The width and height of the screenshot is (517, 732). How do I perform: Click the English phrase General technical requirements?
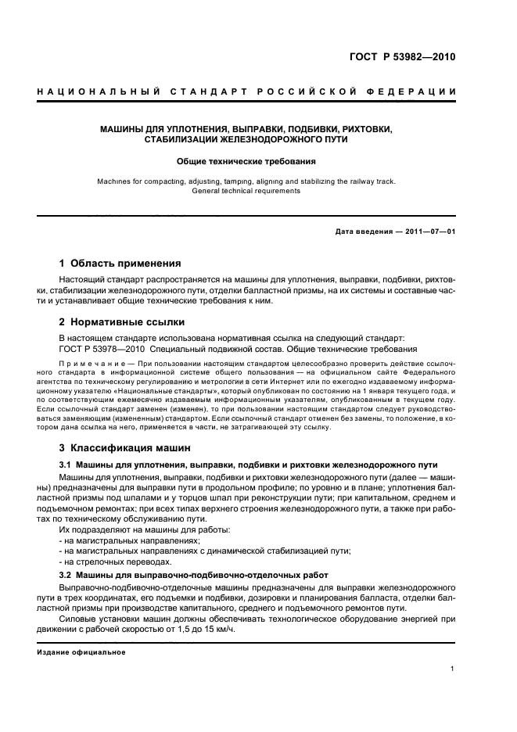coord(246,190)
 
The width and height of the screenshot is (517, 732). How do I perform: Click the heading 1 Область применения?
coord(120,264)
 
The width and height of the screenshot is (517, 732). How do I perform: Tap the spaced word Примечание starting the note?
coord(86,364)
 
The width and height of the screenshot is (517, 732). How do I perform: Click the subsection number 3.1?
coord(66,465)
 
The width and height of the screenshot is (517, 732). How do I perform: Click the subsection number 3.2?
coord(66,575)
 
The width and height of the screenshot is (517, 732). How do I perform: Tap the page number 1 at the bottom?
coord(453,669)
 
